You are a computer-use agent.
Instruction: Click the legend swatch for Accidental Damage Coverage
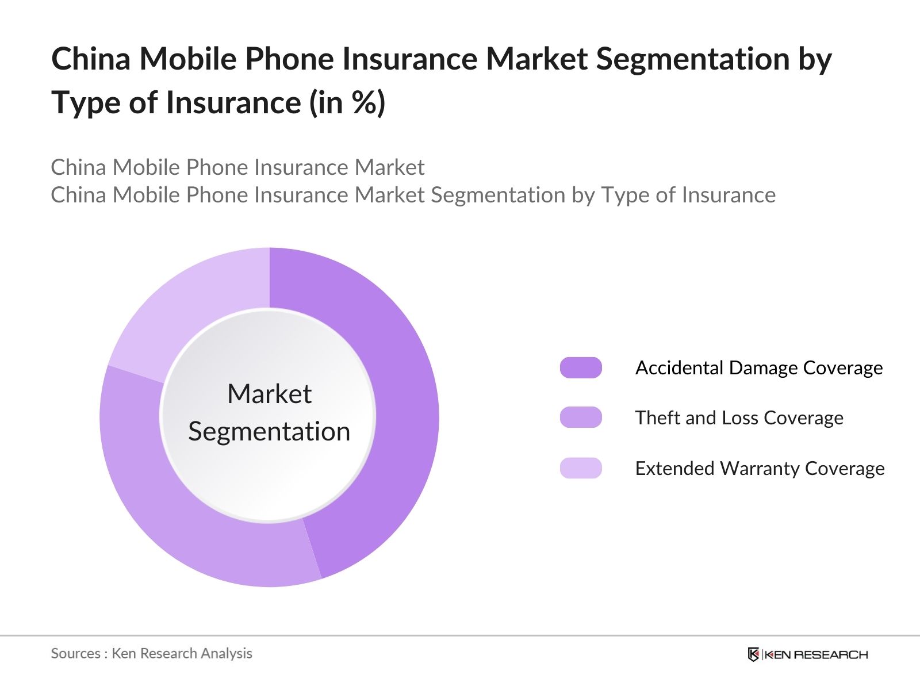581,367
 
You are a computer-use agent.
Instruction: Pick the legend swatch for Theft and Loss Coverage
581,417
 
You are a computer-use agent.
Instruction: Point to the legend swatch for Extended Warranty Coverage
581,468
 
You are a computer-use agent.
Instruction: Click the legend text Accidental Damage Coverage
758,367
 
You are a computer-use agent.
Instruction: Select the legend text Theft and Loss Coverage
739,417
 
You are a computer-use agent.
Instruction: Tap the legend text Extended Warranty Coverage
760,468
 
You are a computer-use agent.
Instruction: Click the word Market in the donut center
269,394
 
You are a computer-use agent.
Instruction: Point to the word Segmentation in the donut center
269,431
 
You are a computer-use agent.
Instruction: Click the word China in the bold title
91,59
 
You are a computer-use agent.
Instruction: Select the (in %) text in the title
347,103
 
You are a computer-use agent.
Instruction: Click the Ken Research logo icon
753,654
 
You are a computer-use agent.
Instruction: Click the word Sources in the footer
75,653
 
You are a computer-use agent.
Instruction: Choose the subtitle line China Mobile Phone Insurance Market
237,167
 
